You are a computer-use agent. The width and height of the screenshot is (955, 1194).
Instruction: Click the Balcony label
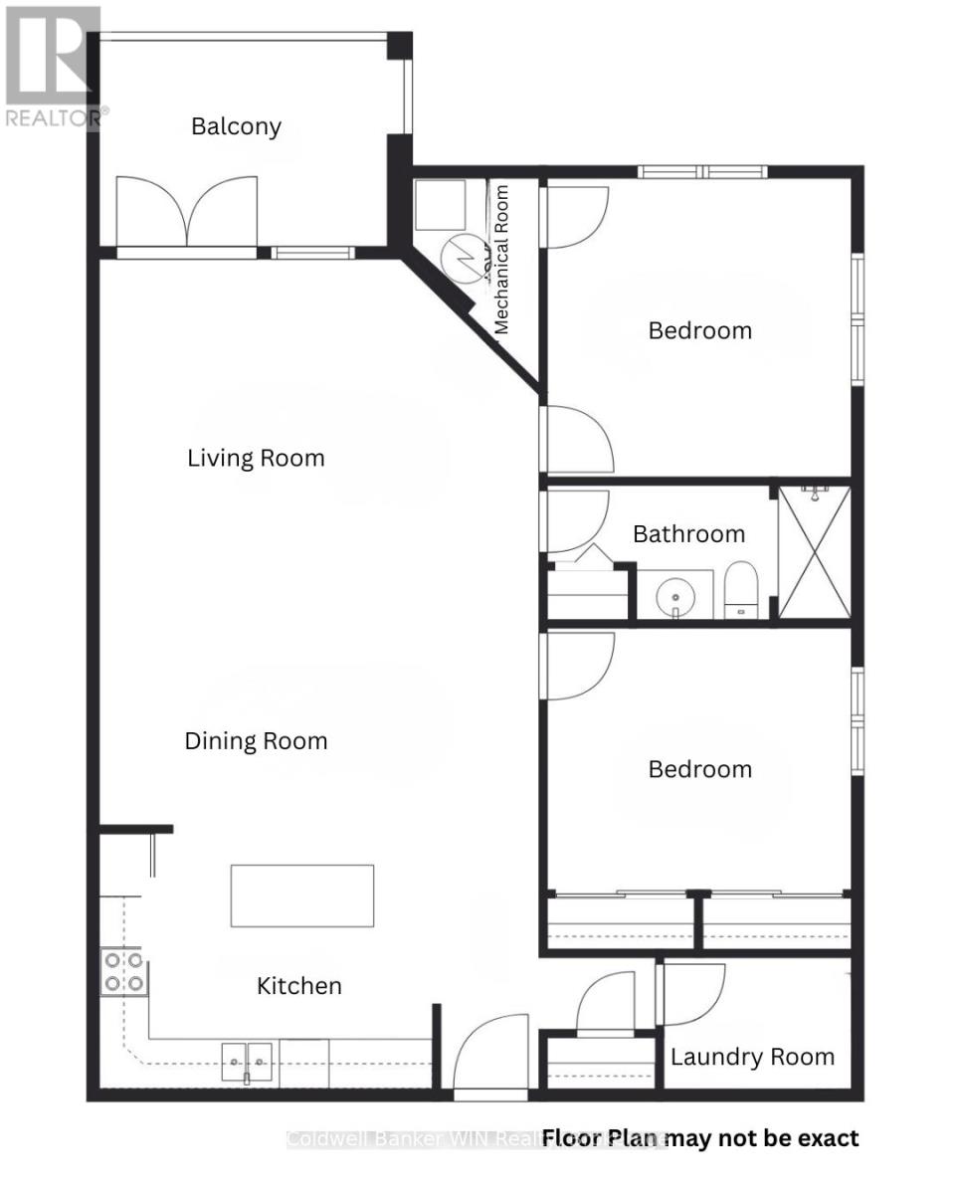(236, 126)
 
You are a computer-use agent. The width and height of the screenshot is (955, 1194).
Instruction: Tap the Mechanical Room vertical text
(501, 259)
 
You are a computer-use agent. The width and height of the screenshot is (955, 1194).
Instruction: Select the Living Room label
(256, 458)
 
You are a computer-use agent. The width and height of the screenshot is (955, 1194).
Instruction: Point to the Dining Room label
(256, 741)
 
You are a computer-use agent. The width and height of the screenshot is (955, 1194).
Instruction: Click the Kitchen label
(299, 986)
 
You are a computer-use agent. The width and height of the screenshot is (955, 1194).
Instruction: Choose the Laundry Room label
(752, 1057)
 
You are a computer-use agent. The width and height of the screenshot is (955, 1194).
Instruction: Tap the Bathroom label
(688, 534)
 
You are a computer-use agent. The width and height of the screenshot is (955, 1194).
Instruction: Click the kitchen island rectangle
(302, 895)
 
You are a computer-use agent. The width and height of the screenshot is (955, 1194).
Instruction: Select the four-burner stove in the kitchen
(123, 972)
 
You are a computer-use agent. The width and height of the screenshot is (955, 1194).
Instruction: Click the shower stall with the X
(815, 552)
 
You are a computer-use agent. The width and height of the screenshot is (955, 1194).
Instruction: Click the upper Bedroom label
(699, 330)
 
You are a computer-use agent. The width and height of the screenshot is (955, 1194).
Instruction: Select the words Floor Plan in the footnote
(601, 1137)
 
